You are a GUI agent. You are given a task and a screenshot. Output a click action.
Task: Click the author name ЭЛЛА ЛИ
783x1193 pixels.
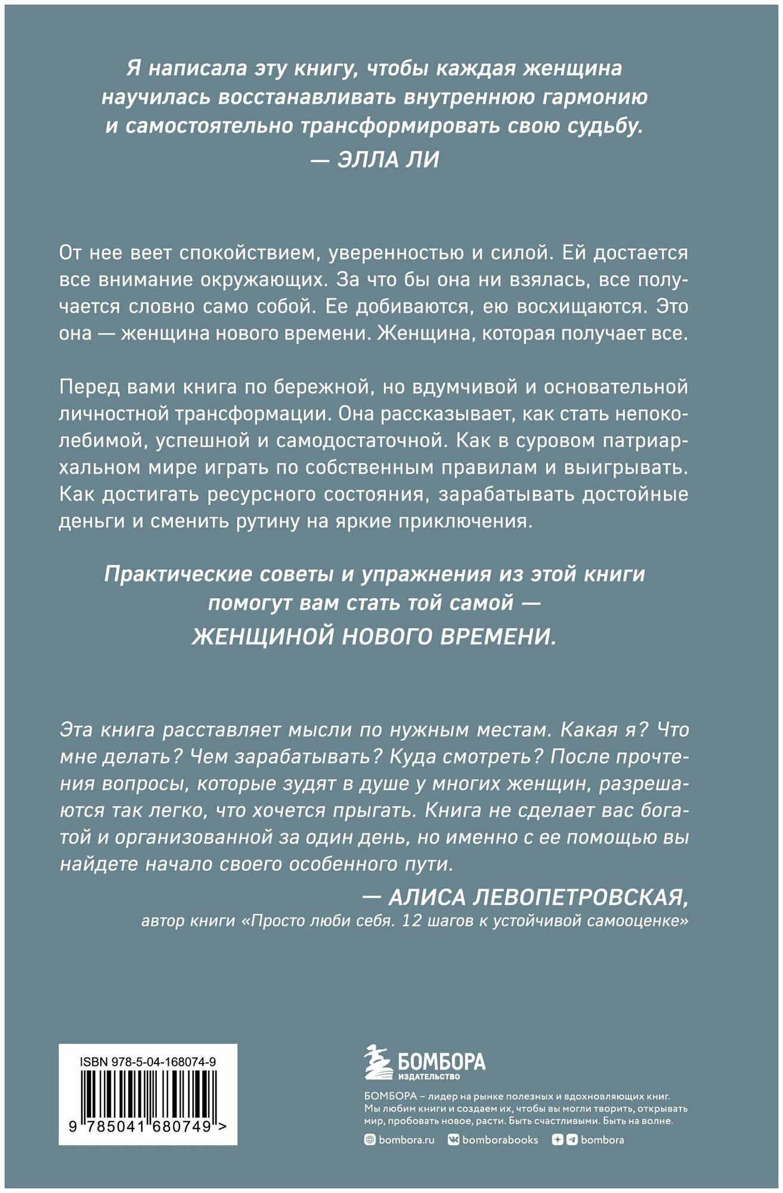(388, 159)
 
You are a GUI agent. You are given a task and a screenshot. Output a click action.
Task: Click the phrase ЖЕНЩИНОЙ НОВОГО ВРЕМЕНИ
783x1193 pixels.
(374, 636)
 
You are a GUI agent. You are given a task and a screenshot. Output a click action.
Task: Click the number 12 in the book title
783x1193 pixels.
(413, 921)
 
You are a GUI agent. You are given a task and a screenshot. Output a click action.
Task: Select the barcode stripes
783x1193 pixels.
(148, 1093)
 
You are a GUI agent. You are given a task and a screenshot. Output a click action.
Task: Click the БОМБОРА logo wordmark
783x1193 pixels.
(442, 1061)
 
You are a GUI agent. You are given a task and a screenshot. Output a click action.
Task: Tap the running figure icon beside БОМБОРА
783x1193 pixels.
(377, 1062)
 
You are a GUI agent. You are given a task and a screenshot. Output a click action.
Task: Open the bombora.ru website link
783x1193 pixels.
(406, 1140)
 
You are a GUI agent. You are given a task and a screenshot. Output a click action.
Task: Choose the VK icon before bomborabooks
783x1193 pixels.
(454, 1140)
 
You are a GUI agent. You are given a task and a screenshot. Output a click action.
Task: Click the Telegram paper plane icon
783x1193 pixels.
(572, 1140)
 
